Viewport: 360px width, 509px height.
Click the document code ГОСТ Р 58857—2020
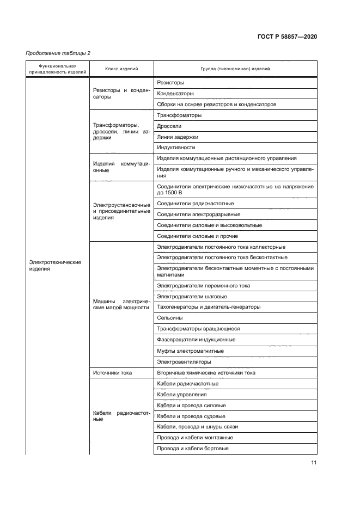click(x=287, y=36)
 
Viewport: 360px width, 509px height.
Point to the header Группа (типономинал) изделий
click(x=235, y=69)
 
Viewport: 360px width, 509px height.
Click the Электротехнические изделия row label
click(x=54, y=265)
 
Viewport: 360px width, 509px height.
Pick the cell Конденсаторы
click(x=175, y=93)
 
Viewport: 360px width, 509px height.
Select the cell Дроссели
click(x=169, y=126)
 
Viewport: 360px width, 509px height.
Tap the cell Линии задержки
click(x=178, y=137)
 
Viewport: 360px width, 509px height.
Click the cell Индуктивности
click(x=176, y=148)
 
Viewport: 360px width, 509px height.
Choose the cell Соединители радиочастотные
click(x=195, y=203)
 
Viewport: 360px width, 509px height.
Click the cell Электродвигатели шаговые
click(x=192, y=296)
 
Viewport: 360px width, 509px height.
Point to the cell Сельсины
click(x=170, y=318)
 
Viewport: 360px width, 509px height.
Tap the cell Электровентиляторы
click(x=184, y=362)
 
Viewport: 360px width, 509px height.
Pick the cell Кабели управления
click(x=181, y=394)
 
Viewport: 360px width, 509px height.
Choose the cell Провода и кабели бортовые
click(x=192, y=449)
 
